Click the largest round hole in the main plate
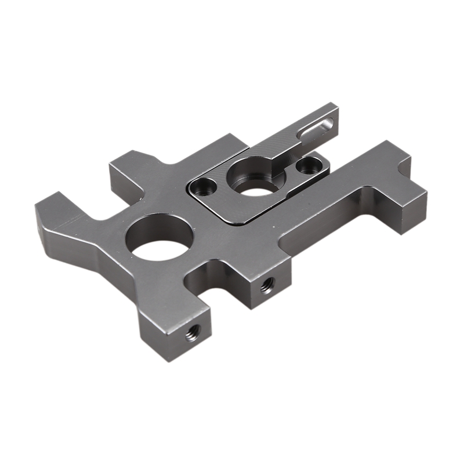(x=157, y=238)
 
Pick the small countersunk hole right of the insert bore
(x=305, y=166)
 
